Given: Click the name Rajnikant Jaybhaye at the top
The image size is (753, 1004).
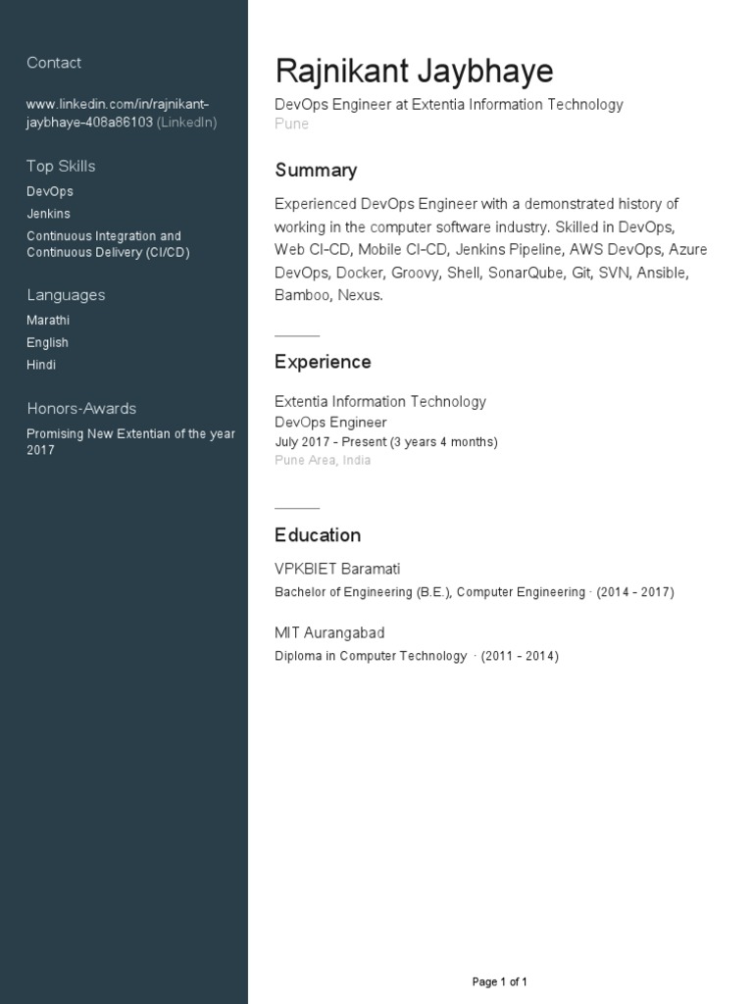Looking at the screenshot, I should [414, 72].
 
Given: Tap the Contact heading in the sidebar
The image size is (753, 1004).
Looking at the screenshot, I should [54, 63].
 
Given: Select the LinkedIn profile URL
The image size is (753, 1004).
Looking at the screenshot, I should [118, 113].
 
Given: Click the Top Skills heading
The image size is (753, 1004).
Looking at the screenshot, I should [61, 167].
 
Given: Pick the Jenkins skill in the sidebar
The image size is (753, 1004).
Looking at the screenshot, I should [48, 214].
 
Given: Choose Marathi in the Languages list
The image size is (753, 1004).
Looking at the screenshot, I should [48, 321].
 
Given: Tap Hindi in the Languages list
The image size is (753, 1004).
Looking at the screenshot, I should [41, 365].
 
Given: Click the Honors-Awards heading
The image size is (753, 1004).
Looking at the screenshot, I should [81, 409].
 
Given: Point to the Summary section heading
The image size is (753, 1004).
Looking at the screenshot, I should [316, 171].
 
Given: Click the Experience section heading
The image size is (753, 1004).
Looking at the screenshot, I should [323, 363].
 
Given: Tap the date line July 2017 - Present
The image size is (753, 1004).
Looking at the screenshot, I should [386, 442].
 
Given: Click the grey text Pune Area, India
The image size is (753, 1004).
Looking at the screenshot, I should [323, 461].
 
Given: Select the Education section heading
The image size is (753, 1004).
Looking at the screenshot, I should [318, 535].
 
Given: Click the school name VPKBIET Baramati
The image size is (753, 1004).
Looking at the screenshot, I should [337, 570].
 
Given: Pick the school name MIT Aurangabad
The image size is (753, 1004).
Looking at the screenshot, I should [329, 633].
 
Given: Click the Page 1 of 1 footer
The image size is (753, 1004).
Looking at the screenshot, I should [500, 981].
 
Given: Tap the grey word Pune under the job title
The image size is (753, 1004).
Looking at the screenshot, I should [291, 125].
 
